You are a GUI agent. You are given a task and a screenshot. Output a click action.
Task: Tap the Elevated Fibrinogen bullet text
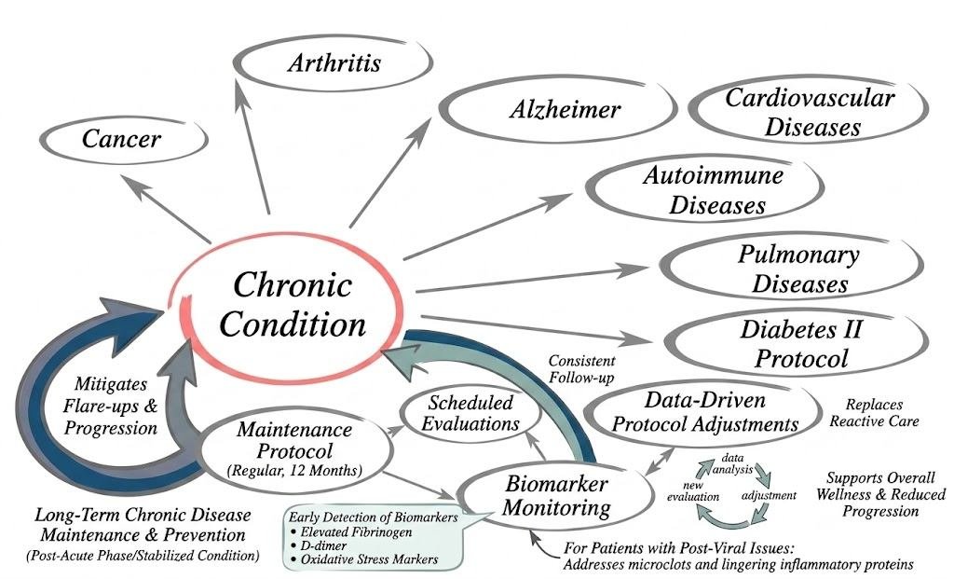coord(351,532)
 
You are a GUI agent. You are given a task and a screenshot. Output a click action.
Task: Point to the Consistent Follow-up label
coord(581,369)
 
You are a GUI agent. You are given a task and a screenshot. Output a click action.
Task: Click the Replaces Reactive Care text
coord(874,413)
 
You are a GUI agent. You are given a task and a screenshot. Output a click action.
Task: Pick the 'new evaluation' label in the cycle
coord(693,491)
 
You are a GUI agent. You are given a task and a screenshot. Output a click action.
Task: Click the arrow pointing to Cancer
coord(165,209)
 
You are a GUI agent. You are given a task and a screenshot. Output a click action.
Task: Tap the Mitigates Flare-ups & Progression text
coord(110,407)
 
